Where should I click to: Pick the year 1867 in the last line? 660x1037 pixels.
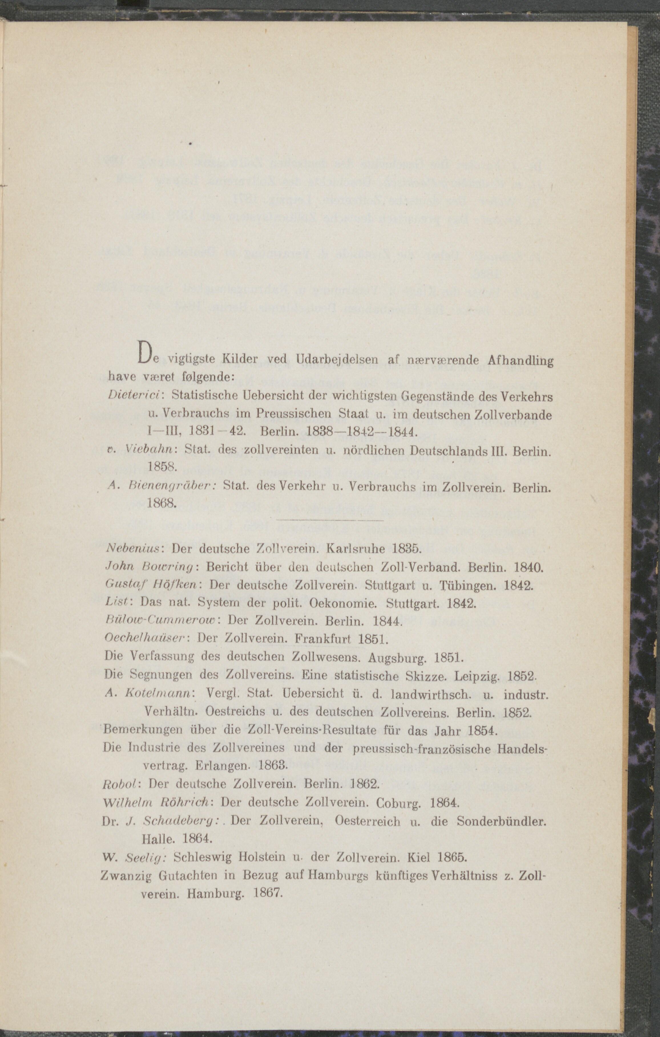(x=268, y=893)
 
